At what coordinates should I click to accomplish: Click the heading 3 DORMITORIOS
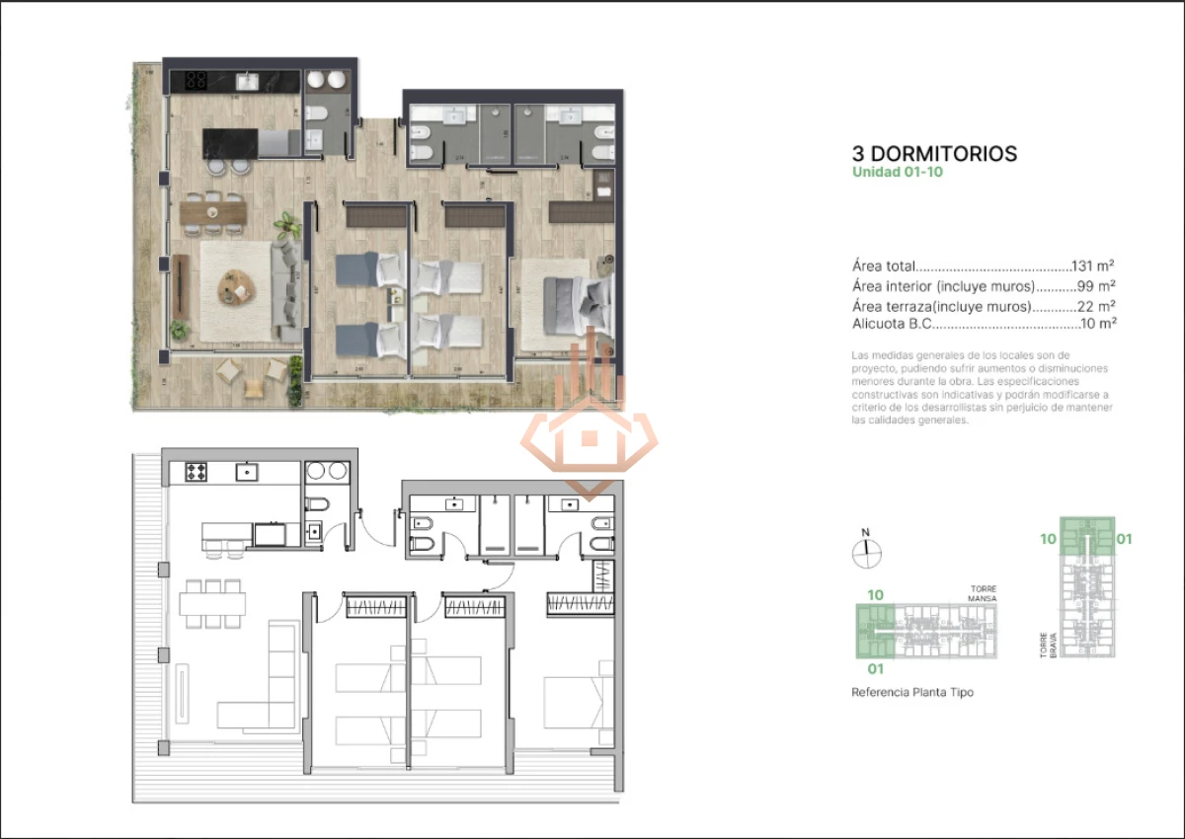tap(934, 154)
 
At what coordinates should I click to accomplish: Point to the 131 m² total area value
tap(1094, 267)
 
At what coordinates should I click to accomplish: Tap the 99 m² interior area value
tap(1096, 286)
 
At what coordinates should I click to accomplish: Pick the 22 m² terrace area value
tap(1096, 306)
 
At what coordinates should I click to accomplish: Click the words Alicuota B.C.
tap(892, 324)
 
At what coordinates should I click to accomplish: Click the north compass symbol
tap(866, 554)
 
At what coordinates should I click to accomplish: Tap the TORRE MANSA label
tap(982, 594)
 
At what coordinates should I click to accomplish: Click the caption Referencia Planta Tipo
tap(912, 693)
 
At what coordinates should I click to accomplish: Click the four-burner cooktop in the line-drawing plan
tap(196, 472)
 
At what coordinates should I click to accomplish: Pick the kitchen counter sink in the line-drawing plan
tap(243, 472)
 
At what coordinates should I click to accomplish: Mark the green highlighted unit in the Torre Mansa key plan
tap(874, 632)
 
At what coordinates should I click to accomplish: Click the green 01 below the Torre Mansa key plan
tap(874, 668)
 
